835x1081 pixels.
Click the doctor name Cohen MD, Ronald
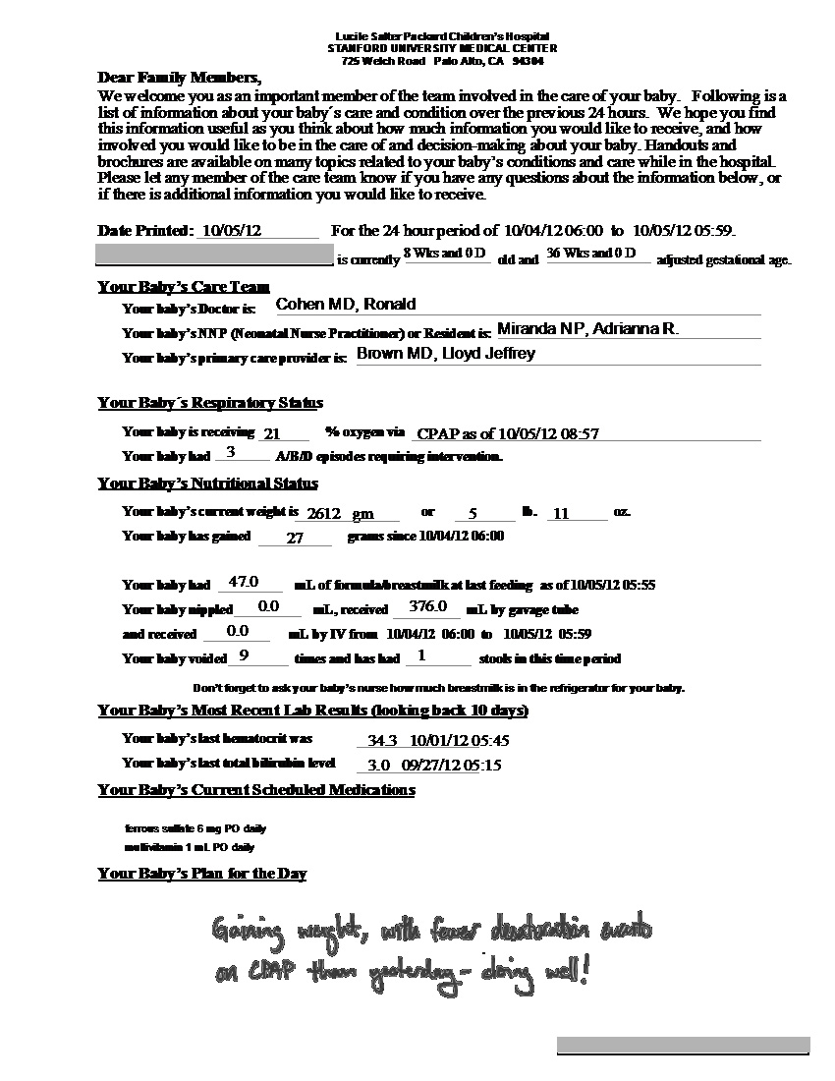tap(346, 305)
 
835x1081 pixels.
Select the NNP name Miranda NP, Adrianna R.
tap(587, 329)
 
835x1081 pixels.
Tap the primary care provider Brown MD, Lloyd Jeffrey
tap(445, 354)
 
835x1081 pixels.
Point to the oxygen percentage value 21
tap(272, 433)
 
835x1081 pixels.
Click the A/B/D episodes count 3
tap(231, 453)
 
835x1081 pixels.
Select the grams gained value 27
tap(295, 538)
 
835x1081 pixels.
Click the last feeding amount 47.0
tap(243, 582)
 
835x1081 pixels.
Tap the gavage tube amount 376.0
tap(428, 606)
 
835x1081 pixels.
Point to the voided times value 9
tap(243, 655)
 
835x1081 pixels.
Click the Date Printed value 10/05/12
tap(232, 231)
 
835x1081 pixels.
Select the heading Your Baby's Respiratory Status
tap(210, 403)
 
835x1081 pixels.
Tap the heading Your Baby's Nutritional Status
tap(208, 484)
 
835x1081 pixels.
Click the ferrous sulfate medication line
tap(195, 828)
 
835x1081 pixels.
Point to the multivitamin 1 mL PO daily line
tap(190, 847)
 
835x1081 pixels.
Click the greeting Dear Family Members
tap(180, 78)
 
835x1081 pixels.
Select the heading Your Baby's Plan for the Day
tap(202, 874)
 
